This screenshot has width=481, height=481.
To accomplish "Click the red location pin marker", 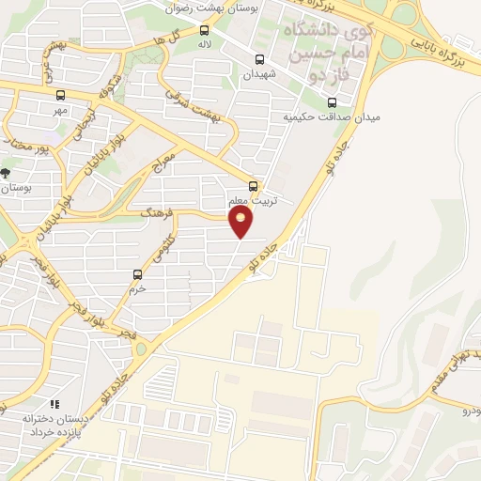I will tap(242, 222).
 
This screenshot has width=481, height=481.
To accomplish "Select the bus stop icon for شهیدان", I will tap(259, 59).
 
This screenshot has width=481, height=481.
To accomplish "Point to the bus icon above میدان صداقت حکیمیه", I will tap(331, 102).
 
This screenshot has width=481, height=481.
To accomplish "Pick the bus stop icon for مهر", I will tap(61, 95).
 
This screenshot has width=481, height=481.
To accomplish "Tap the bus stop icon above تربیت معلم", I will tap(253, 185).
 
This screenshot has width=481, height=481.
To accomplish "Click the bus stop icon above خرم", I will tap(138, 274).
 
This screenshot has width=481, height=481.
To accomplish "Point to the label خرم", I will tap(138, 289).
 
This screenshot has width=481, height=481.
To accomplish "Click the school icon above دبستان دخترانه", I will tap(54, 404).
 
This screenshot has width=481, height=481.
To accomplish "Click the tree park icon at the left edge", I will tap(6, 173).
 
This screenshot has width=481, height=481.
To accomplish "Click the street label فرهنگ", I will tap(157, 214).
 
